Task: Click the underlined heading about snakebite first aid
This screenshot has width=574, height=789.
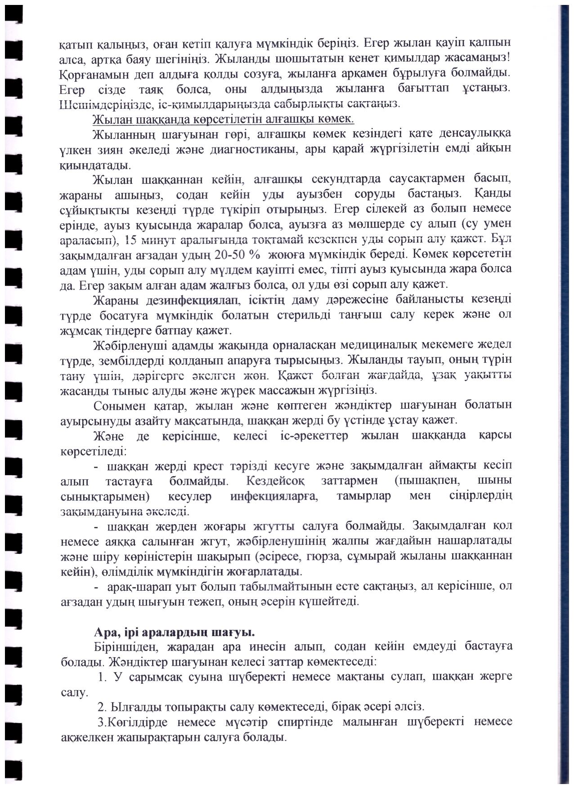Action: coord(223,119)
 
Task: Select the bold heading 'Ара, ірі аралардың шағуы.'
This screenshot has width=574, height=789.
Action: coord(175,633)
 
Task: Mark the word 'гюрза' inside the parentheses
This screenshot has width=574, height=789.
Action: coord(318,557)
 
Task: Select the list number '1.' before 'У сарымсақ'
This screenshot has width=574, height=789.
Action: coord(102,678)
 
